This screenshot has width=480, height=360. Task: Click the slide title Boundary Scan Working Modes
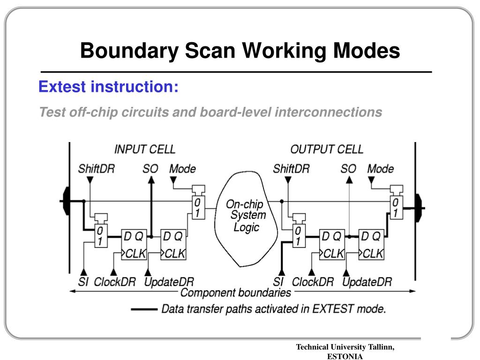point(240,51)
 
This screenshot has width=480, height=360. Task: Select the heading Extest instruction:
point(108,87)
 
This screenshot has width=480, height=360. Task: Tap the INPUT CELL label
point(144,150)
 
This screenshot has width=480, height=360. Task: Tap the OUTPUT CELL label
point(326,150)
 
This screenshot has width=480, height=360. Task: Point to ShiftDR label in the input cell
point(96,169)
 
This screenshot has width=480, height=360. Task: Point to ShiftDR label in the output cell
point(291,169)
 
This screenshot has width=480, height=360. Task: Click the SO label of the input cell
point(150,169)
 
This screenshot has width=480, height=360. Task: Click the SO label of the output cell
point(348,169)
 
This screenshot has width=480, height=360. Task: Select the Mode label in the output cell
point(380,169)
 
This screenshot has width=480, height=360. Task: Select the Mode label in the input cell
point(182,169)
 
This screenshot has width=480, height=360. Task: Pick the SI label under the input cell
point(83,282)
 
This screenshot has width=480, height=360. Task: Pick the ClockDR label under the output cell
point(313,282)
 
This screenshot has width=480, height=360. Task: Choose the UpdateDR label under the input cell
point(169,282)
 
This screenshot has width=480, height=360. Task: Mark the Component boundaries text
point(235,293)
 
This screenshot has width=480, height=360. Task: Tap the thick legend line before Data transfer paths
point(144,309)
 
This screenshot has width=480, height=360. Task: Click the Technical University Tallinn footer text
point(345,347)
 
